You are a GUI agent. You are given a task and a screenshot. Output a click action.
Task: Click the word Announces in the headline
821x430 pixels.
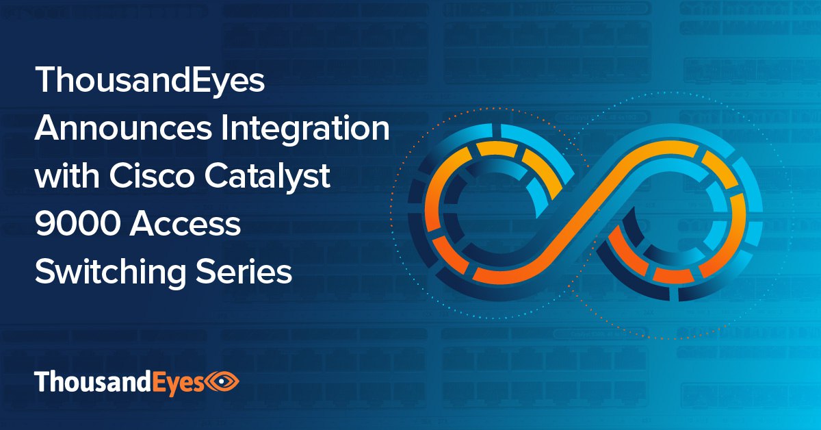122,128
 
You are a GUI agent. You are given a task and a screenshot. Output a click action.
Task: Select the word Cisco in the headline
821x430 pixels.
152,176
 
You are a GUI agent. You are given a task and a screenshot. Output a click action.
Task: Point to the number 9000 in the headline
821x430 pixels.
77,224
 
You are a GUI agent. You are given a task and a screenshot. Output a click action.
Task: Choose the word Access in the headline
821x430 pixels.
185,224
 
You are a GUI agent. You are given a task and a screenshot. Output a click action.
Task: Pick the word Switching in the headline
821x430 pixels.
110,274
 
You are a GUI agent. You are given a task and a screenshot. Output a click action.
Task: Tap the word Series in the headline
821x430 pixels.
244,272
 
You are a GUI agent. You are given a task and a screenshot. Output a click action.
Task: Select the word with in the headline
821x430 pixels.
67,176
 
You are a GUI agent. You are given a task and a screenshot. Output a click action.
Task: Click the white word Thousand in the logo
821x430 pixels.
93,381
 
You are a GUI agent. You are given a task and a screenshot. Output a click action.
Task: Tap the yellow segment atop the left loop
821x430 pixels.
497,149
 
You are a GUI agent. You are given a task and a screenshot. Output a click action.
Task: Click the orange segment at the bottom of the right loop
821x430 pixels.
673,275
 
